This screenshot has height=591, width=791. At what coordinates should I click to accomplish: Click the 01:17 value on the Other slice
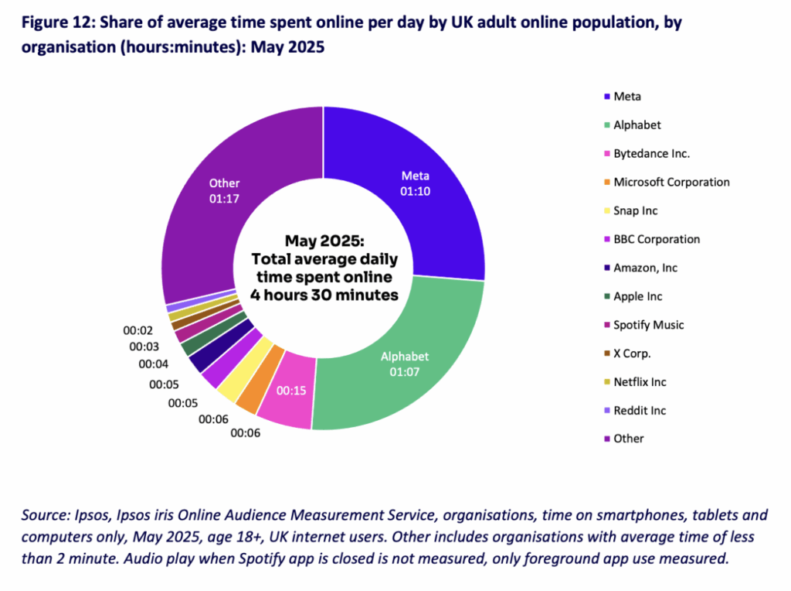point(225,199)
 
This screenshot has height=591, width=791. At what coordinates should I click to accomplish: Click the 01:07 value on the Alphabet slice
point(405,373)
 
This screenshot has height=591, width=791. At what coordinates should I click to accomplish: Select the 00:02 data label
point(138,330)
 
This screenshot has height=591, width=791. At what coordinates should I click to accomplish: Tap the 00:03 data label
point(144,347)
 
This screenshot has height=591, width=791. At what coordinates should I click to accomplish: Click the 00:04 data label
point(154,364)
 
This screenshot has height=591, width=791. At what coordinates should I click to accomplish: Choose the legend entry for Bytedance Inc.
point(651,153)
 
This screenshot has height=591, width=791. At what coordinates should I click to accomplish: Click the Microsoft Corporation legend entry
point(671,182)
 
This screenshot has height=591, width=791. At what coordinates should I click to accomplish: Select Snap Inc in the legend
point(635,210)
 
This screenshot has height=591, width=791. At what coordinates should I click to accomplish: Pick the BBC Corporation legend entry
point(657,239)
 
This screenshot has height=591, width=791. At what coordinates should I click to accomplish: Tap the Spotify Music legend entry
point(648,325)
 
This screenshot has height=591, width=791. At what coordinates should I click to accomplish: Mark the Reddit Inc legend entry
point(639,410)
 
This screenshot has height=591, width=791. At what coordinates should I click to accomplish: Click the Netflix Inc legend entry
point(640,382)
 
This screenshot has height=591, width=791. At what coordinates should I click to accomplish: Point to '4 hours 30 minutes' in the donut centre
point(324,294)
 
